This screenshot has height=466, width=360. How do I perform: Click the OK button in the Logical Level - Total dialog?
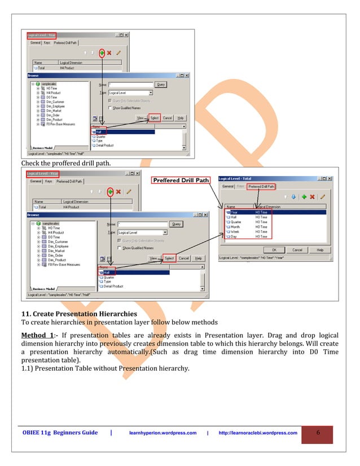tap(274, 249)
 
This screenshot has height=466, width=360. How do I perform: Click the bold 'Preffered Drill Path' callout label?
tap(180, 181)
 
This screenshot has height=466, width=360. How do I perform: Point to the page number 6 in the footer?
tap(318, 433)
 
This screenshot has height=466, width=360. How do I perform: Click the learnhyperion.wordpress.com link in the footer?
tap(163, 433)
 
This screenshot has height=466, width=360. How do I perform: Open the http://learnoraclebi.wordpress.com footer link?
tap(257, 433)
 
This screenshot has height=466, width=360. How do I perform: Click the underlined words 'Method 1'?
tap(37, 336)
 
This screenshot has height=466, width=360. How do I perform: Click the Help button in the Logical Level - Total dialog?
tap(319, 249)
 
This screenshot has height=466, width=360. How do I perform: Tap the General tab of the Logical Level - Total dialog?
tap(227, 186)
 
